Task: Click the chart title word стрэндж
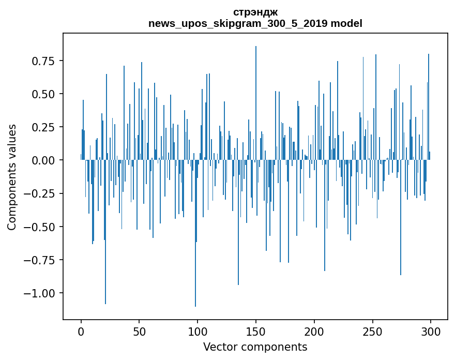[x=255, y=12]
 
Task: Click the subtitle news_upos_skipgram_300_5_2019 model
[x=255, y=23]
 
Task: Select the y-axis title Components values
[x=12, y=177]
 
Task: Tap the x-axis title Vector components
[x=255, y=347]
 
